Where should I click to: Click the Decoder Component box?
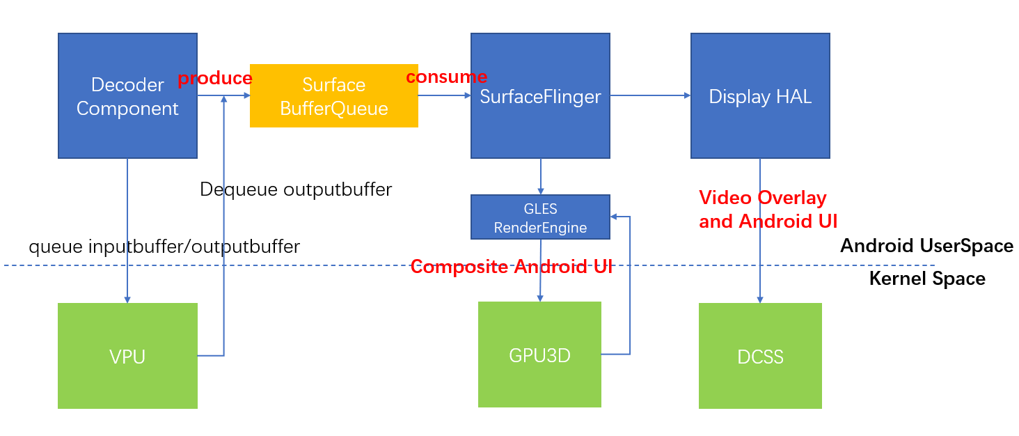click(x=127, y=96)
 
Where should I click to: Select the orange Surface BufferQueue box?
click(x=333, y=96)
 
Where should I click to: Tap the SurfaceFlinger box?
click(x=540, y=96)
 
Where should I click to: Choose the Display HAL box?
click(x=760, y=96)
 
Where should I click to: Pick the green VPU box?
click(x=127, y=356)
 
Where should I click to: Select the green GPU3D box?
click(x=539, y=355)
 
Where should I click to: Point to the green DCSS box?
click(x=760, y=356)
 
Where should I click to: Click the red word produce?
click(x=214, y=78)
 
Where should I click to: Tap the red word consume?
click(x=446, y=77)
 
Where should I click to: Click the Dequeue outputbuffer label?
click(x=296, y=189)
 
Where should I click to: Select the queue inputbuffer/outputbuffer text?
click(x=164, y=246)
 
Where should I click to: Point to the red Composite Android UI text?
click(x=511, y=266)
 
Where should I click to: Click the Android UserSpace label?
click(x=926, y=245)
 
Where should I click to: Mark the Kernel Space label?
click(x=927, y=279)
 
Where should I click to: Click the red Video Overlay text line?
click(x=762, y=198)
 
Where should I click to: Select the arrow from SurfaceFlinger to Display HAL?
click(x=650, y=96)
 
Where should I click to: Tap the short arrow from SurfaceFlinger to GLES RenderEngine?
click(x=541, y=176)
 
